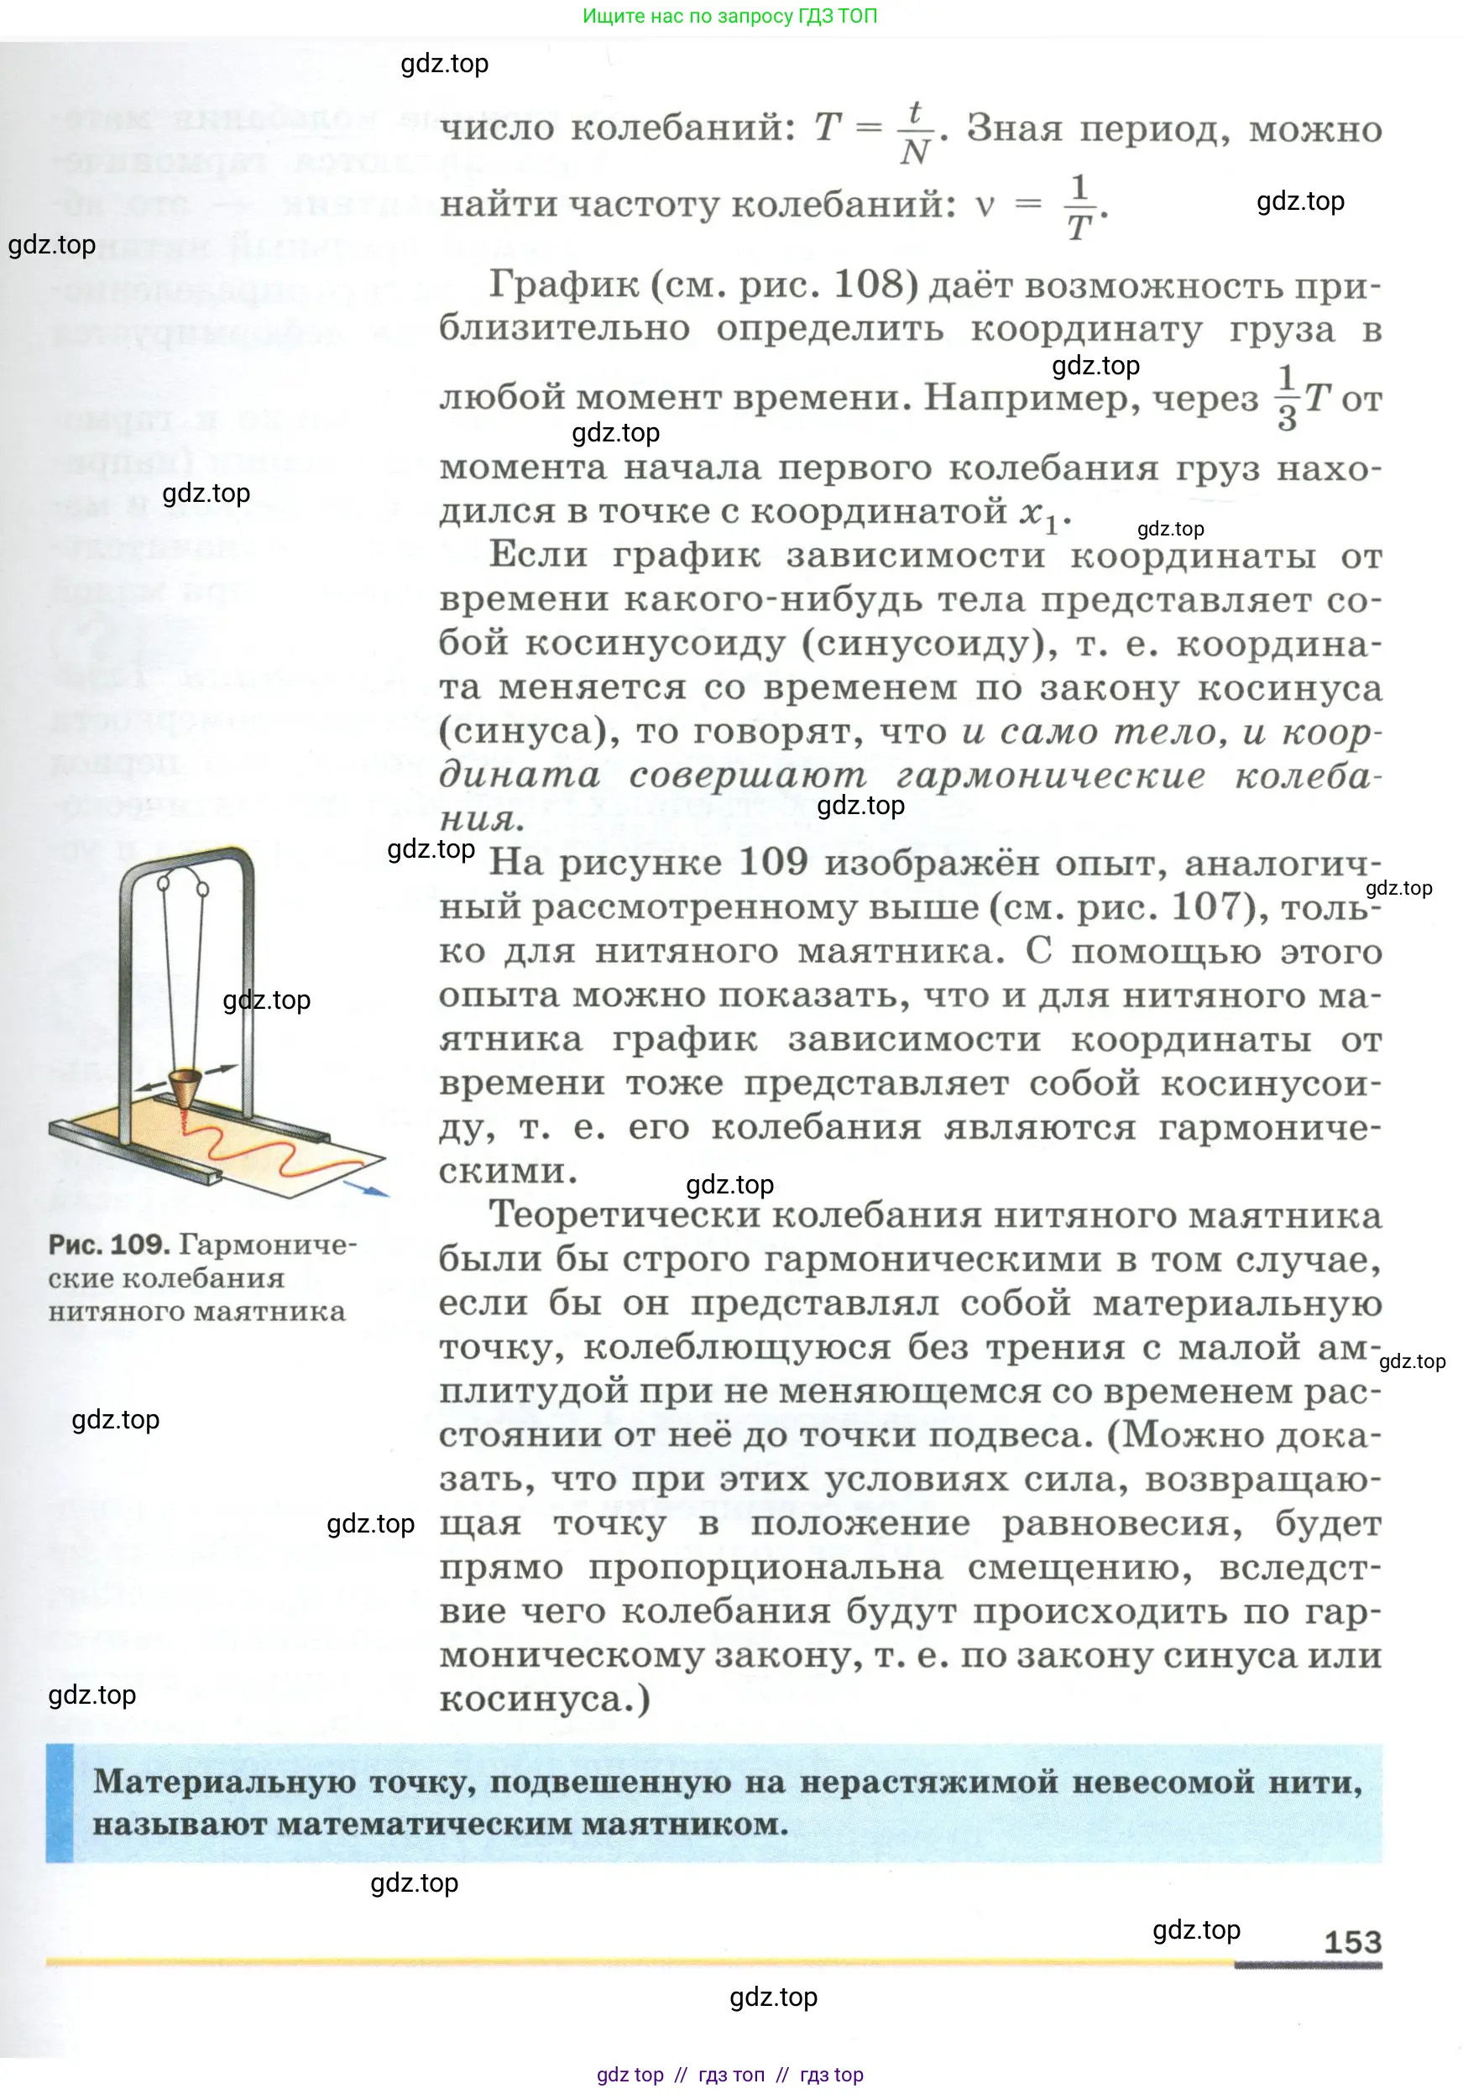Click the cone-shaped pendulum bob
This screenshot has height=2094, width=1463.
pos(185,1085)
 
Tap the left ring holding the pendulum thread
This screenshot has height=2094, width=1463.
pos(165,882)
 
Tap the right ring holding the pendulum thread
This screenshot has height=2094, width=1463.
pos(202,886)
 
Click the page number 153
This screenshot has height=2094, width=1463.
pos(1353,1942)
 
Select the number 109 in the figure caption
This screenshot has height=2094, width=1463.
pos(138,1245)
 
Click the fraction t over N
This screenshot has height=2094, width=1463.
pos(915,133)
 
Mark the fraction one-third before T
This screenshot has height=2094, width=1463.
pos(1286,398)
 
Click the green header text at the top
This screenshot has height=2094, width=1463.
pos(729,15)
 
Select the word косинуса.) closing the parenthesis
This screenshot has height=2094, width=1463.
pos(545,1699)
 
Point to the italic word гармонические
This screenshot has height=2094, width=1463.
pos(1050,775)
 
